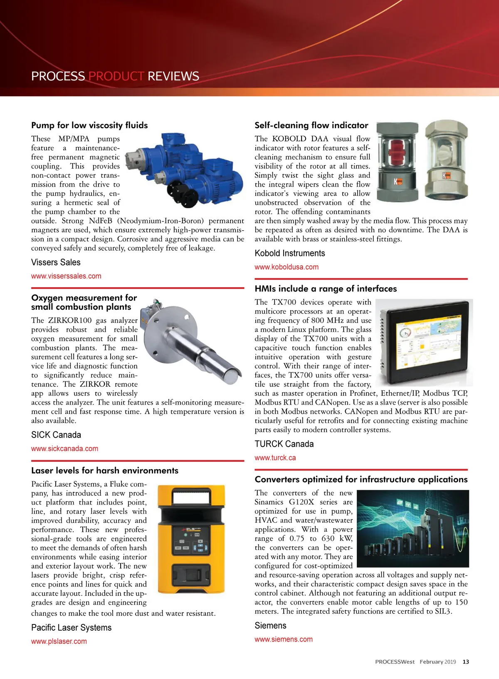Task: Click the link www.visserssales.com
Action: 66,276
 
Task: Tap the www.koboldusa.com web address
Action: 287,267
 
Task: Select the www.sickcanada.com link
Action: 64,448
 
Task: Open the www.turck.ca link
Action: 275,458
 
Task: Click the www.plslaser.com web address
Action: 59,641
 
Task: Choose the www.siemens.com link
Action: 284,639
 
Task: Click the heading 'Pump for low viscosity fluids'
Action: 89,125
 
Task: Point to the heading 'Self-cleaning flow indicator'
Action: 311,125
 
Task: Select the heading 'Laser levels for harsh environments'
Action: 105,470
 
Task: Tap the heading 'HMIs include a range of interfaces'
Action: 326,289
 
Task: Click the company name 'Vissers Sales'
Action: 56,262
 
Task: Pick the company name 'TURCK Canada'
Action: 284,444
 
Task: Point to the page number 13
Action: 466,662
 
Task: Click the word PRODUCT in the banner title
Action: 116,76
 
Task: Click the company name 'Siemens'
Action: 270,625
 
